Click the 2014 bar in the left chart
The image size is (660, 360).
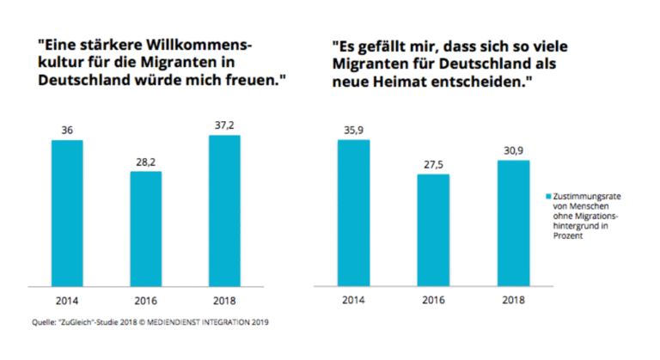coord(66,212)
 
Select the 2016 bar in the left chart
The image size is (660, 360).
coord(146,229)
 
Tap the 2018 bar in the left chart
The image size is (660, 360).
coord(225,211)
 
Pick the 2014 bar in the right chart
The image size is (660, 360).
coord(353,212)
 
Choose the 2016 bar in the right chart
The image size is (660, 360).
coord(432,229)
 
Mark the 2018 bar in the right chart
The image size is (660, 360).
coord(511,223)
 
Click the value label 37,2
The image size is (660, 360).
coord(225,126)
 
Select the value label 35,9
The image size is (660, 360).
coord(353,130)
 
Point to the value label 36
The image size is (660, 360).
coord(66,130)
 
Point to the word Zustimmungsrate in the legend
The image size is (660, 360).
coord(587,197)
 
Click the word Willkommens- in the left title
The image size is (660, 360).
coord(210,44)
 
